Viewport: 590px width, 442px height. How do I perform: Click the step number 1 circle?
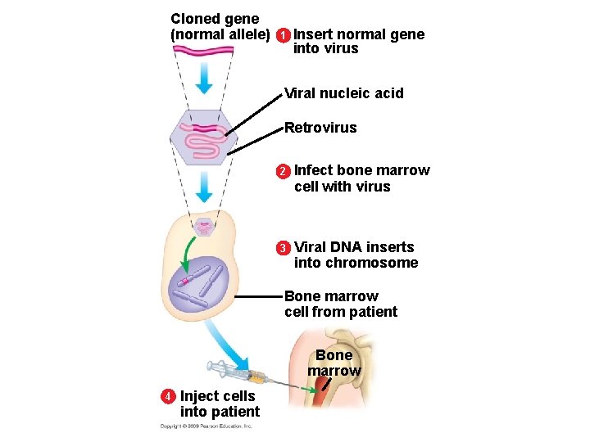point(282,35)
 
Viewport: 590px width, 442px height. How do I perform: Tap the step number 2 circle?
point(283,171)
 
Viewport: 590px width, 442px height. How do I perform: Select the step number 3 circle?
point(283,248)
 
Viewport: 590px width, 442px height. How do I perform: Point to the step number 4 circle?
point(168,396)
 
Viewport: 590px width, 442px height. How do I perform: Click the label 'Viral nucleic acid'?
point(343,93)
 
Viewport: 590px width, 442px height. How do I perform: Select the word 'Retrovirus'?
point(320,128)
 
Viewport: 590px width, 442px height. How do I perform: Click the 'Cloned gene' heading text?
point(215,18)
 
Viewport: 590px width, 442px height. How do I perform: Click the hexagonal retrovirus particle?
point(202,138)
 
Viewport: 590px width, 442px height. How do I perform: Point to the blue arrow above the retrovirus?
point(203,79)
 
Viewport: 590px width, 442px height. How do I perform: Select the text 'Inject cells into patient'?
point(219,404)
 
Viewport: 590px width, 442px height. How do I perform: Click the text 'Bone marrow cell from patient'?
point(340,304)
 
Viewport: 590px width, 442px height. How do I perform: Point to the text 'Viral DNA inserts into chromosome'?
point(356,255)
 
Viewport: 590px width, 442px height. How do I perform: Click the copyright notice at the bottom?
point(206,426)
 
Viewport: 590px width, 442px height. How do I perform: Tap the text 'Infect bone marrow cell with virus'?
point(361,178)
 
